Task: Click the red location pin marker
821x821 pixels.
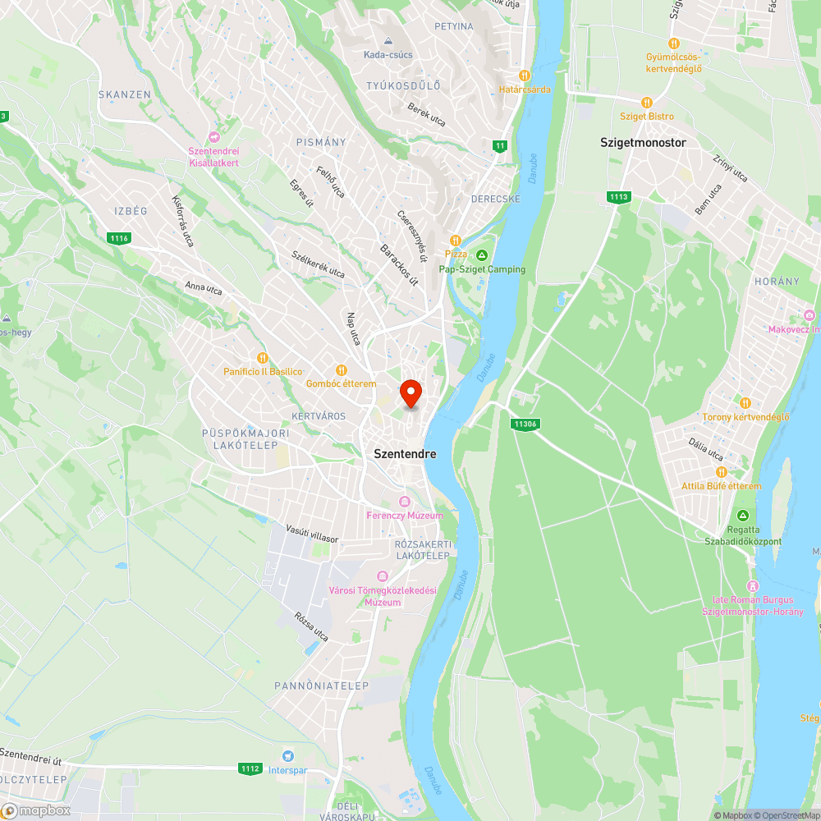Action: click(x=410, y=392)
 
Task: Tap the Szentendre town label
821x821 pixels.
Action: click(x=405, y=453)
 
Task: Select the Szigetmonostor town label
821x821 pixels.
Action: click(x=643, y=142)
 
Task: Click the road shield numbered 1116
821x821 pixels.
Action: click(x=119, y=238)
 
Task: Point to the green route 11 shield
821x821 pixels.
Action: click(x=499, y=146)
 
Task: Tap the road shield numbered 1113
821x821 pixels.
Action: click(x=618, y=197)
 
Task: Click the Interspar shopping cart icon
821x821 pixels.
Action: click(x=287, y=755)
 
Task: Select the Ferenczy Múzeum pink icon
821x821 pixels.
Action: click(x=404, y=502)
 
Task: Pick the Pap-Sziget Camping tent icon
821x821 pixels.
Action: click(x=482, y=255)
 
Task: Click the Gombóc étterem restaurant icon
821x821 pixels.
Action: click(x=341, y=370)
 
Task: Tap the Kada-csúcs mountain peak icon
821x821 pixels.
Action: click(x=388, y=41)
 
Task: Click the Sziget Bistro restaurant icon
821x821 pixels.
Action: click(x=647, y=103)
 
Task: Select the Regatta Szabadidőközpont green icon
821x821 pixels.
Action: click(x=743, y=515)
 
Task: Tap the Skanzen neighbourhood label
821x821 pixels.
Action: click(x=125, y=94)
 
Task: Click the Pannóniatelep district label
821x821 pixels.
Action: click(x=322, y=686)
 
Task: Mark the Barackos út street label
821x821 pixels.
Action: click(x=399, y=264)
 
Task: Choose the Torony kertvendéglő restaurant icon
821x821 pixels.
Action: click(x=745, y=402)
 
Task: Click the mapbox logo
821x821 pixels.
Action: click(x=37, y=810)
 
